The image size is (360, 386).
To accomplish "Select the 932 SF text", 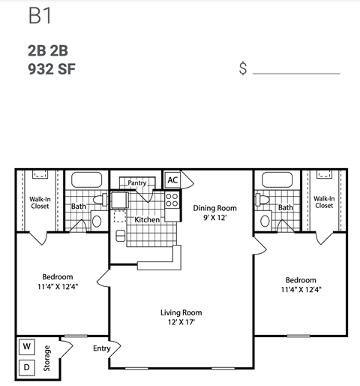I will coord(52,71).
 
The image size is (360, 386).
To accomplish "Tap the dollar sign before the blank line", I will coord(243,69).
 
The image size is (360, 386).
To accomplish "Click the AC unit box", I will coord(172,180).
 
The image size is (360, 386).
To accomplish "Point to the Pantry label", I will coord(136,182).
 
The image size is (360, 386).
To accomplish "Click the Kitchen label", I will coord(147,220).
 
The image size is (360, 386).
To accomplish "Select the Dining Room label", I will coord(214,208).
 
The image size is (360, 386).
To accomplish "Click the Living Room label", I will coord(181,312).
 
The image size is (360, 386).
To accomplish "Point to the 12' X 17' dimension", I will coord(181,324).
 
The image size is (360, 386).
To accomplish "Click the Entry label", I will coord(101,348).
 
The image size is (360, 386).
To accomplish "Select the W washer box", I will coord(26,347).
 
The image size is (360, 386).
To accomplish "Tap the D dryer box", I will coord(26,368).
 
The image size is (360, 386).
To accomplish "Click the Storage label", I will coord(46,358).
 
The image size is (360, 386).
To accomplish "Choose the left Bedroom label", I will coord(57,276).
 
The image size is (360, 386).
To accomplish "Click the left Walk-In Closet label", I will coord(40,203).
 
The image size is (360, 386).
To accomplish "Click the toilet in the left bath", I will coord(96,221).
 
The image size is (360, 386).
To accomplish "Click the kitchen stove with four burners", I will coord(172,200).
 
